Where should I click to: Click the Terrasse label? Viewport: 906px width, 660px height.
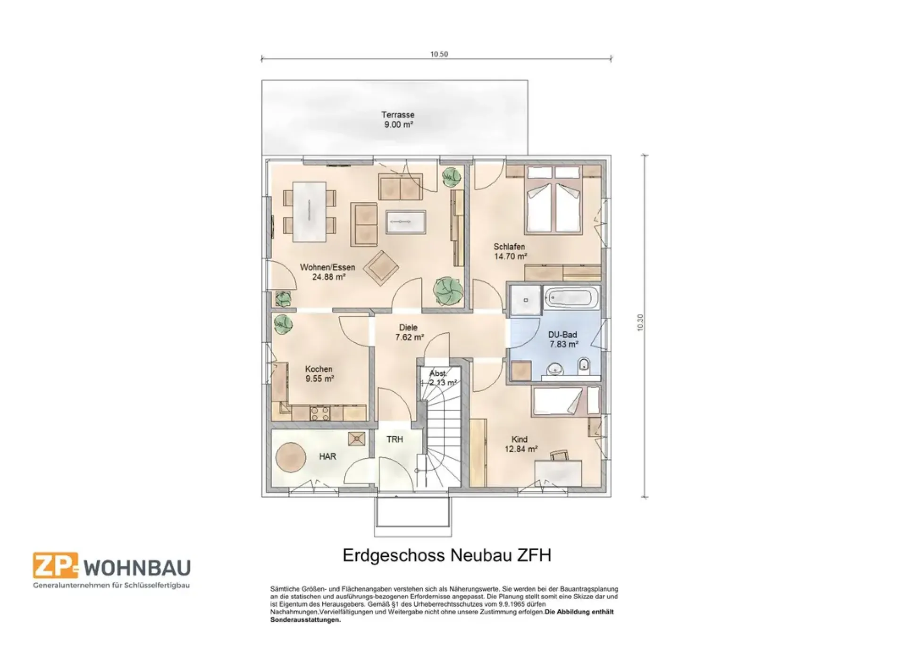coord(398,115)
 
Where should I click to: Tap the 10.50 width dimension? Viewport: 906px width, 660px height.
coord(439,54)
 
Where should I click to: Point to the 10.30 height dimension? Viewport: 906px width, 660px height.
coord(640,322)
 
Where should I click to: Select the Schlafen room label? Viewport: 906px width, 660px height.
coord(509,247)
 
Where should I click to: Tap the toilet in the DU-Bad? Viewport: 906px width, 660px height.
coord(584,364)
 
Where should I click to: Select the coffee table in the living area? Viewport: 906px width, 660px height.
coord(406,222)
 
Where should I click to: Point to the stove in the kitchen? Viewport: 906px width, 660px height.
coord(320,413)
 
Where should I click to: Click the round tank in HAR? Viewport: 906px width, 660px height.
coord(289,456)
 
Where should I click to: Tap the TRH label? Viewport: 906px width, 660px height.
coord(395,439)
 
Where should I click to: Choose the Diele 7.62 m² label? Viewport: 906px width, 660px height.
coord(409,332)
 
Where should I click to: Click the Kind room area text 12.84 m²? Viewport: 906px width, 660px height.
coord(521,449)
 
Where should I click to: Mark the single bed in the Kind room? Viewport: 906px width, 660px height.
coord(565,401)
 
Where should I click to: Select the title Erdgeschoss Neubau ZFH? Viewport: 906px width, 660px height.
coord(446,555)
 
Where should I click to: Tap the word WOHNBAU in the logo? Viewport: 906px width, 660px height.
coord(137,568)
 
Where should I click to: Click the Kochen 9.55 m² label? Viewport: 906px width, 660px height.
coord(319,374)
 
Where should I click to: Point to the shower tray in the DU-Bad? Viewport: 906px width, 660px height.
coord(525,299)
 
